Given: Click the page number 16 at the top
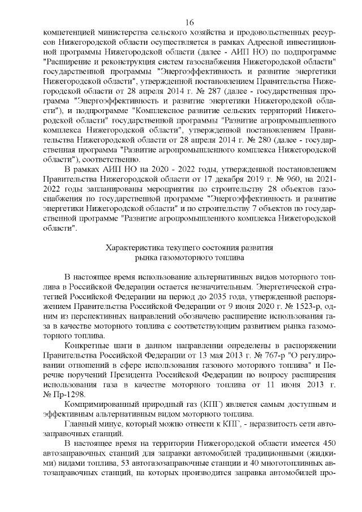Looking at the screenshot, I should point(189,21).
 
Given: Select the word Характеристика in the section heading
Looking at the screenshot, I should point(133,247).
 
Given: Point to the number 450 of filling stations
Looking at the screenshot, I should point(327,444).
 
